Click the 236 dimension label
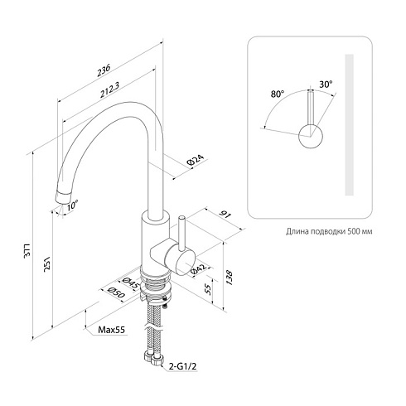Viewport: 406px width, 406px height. pyautogui.click(x=104, y=70)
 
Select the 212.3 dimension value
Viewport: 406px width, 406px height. pyautogui.click(x=109, y=90)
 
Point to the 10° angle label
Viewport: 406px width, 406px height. pyautogui.click(x=73, y=205)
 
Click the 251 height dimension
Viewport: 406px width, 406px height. pyautogui.click(x=47, y=264)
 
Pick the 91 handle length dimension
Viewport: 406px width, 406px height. pyautogui.click(x=225, y=215)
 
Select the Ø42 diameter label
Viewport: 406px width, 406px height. pyautogui.click(x=199, y=269)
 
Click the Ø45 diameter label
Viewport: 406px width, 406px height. pyautogui.click(x=130, y=283)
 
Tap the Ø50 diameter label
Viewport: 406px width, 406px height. pyautogui.click(x=117, y=292)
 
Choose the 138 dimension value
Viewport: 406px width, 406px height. pyautogui.click(x=230, y=278)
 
